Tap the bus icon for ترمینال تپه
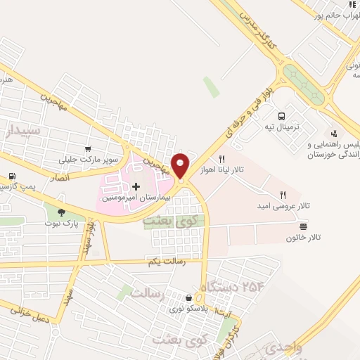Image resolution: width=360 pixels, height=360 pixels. coord(282,116)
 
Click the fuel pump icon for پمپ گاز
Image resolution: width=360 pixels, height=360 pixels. coord(12,177)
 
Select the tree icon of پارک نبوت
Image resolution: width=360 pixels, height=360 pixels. coord(61,212)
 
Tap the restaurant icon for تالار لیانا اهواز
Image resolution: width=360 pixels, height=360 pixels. coord(222,158)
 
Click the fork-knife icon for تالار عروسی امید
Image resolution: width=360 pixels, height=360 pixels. coord(283,195)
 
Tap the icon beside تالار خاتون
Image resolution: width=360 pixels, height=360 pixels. coord(303,226)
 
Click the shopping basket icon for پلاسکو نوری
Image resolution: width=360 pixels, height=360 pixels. coord(188,298)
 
